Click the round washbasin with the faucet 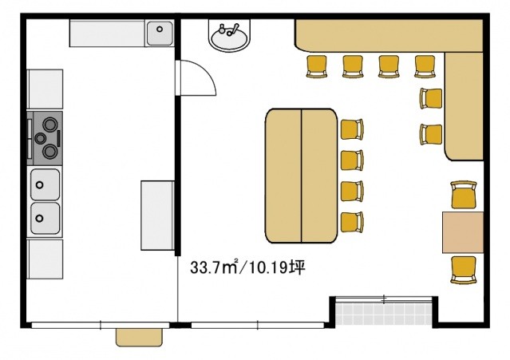point(230,35)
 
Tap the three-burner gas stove point(45,138)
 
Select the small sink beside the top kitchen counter point(160,34)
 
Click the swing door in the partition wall point(196,78)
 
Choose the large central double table point(302,176)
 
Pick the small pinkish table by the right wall point(463,232)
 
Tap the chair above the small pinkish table point(465,195)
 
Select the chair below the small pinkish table point(465,270)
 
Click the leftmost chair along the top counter point(317,67)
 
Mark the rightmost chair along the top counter point(425,67)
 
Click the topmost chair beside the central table point(352,129)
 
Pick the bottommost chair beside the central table point(352,223)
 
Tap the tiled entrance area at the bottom point(384,314)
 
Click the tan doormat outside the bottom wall point(139,337)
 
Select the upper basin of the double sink point(45,184)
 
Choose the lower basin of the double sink point(45,218)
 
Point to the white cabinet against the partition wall point(157,216)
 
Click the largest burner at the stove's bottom point(49,152)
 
